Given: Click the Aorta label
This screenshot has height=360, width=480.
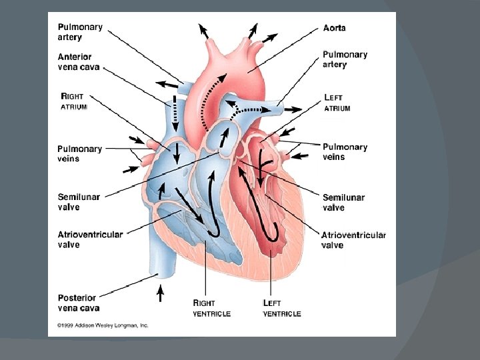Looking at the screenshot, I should point(334,28).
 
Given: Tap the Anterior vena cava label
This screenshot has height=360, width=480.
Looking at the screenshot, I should point(75,62).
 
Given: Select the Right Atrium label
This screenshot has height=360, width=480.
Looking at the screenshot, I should point(74,101).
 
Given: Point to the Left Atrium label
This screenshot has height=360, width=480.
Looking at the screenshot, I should point(337,103).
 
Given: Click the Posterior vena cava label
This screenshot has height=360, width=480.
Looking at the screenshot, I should point(77,303).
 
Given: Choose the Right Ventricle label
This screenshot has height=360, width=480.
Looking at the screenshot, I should point(211,308).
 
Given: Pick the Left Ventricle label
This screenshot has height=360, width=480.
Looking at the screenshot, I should point(281,308).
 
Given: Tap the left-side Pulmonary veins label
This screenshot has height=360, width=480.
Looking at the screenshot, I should point(79,153).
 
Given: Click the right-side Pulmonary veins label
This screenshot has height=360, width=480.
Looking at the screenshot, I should point(345,151).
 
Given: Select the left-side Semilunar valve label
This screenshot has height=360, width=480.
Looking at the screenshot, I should point(77,202).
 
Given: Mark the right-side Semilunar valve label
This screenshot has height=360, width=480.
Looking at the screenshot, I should point(343,202).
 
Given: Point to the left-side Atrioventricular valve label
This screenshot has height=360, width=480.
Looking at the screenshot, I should point(90,239).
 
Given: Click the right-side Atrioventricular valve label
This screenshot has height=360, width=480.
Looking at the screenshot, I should point(353,239).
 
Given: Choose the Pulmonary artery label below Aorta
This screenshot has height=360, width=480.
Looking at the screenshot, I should point(345,59).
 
